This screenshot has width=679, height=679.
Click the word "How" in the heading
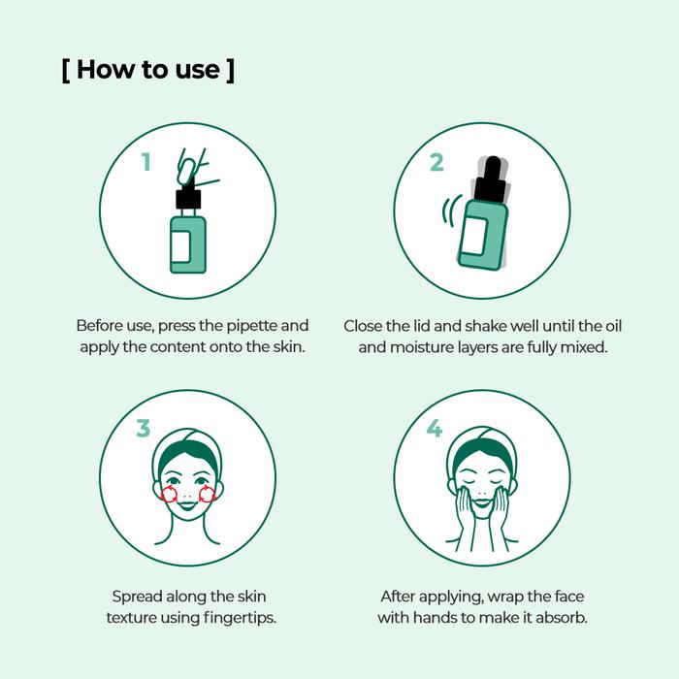point(106,69)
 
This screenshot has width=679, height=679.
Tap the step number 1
point(146,162)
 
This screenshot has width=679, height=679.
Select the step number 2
point(436,162)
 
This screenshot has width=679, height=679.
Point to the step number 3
point(144,428)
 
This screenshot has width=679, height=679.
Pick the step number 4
point(435,428)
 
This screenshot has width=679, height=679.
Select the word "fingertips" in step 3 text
point(239,618)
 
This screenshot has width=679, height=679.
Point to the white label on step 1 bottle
point(180,246)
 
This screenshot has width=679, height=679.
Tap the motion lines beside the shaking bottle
point(451,210)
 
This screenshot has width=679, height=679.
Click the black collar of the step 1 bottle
point(188,199)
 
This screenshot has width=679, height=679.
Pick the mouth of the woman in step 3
point(187,505)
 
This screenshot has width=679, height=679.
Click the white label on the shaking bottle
point(475,236)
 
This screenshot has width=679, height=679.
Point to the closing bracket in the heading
point(231,70)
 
